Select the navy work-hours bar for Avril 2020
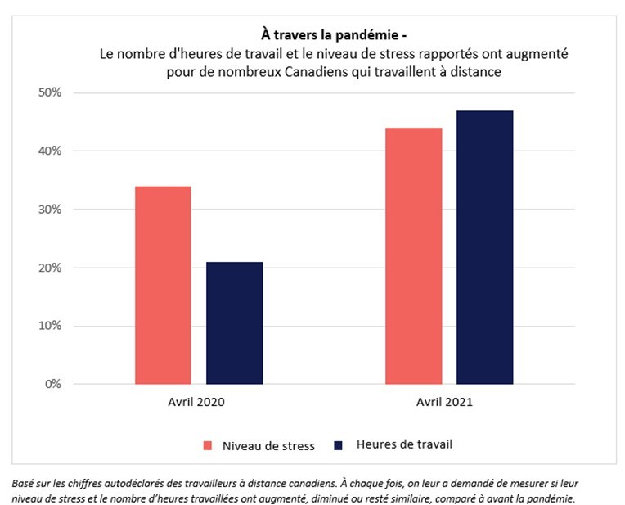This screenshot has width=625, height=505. [234, 322]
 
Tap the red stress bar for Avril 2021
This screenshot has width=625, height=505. [413, 255]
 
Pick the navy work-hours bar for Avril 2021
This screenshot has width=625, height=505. [484, 247]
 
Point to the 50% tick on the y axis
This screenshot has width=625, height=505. [50, 92]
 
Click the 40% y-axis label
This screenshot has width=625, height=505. [50, 151]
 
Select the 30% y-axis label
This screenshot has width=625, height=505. [50, 210]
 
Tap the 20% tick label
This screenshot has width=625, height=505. [50, 268]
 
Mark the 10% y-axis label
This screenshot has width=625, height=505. [50, 326]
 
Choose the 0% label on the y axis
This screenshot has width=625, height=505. [53, 384]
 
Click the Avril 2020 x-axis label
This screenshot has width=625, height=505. [197, 403]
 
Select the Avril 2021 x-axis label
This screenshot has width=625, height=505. [447, 403]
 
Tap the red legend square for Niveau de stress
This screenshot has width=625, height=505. [208, 445]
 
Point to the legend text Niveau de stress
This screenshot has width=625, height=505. [268, 445]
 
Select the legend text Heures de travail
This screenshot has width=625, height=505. [404, 444]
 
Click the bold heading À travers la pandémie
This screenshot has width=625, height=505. [327, 35]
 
